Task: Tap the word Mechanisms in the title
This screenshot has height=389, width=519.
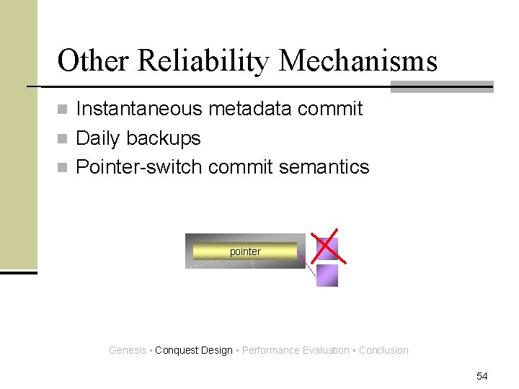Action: pyautogui.click(x=358, y=61)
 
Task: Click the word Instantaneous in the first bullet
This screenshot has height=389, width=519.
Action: pyautogui.click(x=140, y=109)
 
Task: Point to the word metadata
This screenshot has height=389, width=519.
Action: pyautogui.click(x=249, y=109)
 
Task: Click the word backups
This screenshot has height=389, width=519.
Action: pyautogui.click(x=167, y=138)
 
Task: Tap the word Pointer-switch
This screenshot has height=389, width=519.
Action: pyautogui.click(x=140, y=167)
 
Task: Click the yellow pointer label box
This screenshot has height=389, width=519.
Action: pyautogui.click(x=245, y=251)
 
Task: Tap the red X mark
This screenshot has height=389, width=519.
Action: pyautogui.click(x=326, y=247)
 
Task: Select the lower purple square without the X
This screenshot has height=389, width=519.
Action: pyautogui.click(x=327, y=275)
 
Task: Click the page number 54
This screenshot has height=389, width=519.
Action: pyautogui.click(x=482, y=376)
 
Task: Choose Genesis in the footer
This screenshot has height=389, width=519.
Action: pyautogui.click(x=127, y=351)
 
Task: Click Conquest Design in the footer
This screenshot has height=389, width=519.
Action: pyautogui.click(x=194, y=351)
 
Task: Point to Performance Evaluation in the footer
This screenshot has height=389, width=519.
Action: pyautogui.click(x=296, y=351)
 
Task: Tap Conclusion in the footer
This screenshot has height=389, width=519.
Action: pyautogui.click(x=383, y=351)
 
